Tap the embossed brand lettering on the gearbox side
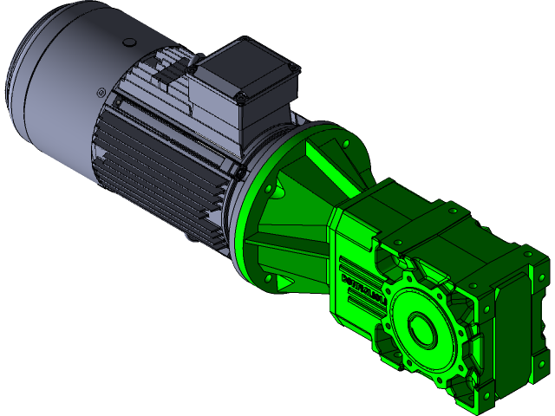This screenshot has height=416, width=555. coord(364,281)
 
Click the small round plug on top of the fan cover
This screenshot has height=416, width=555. coord(129,42)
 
